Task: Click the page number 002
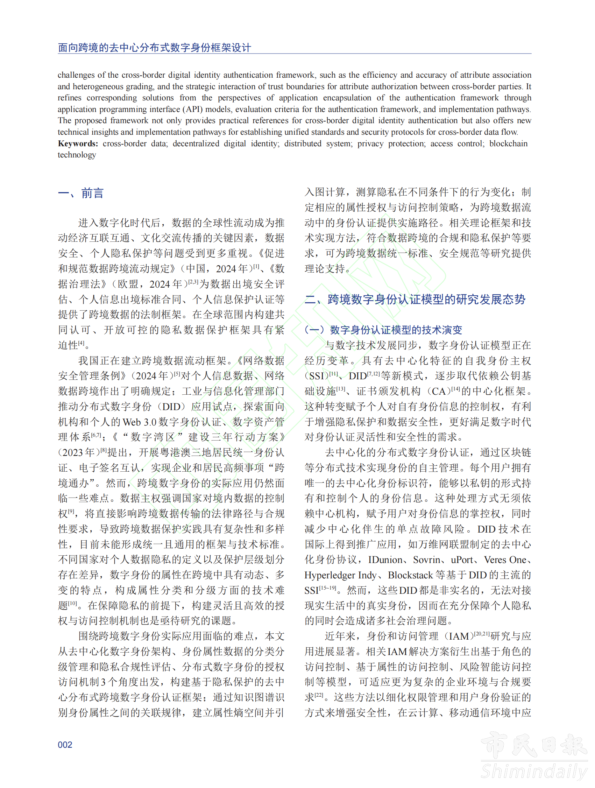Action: click(x=65, y=744)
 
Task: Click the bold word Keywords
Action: click(x=78, y=143)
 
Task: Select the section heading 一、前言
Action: click(x=81, y=193)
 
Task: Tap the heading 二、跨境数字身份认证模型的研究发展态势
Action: click(x=415, y=299)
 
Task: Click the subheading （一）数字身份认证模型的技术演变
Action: click(x=383, y=330)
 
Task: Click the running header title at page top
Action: click(x=155, y=47)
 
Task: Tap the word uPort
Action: click(x=461, y=560)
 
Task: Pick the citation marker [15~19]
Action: click(x=328, y=588)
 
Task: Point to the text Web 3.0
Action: click(x=140, y=422)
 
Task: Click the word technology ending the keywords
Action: click(x=77, y=155)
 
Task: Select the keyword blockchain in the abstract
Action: click(x=508, y=143)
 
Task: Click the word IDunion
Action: click(x=385, y=560)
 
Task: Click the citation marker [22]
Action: click(x=319, y=695)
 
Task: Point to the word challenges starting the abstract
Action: click(x=76, y=75)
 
